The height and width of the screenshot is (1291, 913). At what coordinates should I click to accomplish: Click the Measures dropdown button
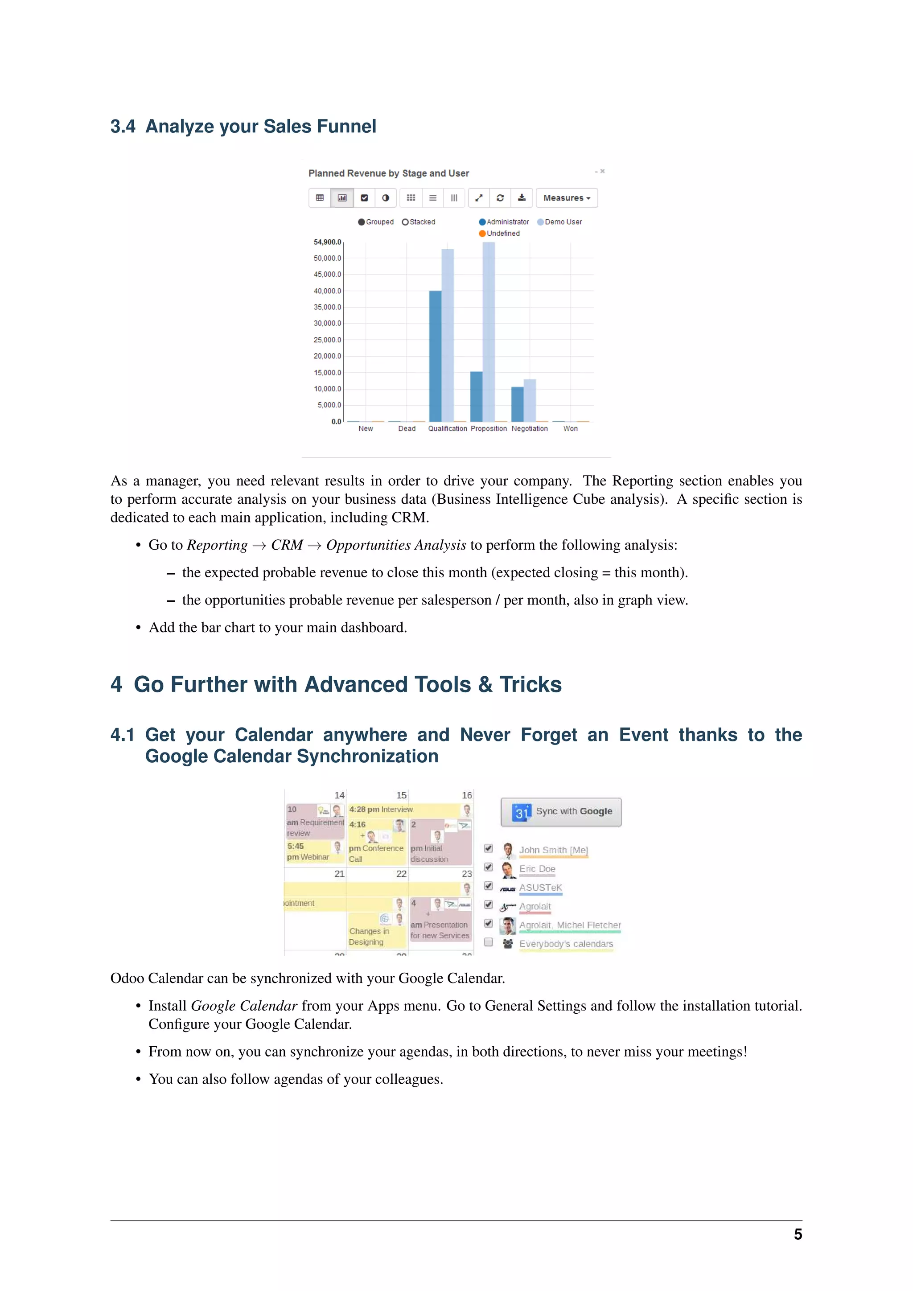(x=566, y=198)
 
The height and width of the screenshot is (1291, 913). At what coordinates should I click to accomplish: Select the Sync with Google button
(x=561, y=811)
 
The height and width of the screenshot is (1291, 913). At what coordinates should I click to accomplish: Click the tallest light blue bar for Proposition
(x=489, y=332)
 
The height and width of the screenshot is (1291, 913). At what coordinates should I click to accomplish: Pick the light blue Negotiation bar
(x=530, y=400)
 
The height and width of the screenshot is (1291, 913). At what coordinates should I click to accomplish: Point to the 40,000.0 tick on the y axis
(x=327, y=291)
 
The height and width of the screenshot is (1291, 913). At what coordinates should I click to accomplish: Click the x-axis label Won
(x=570, y=428)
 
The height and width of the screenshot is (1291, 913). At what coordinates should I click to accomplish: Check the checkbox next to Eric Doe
(x=489, y=867)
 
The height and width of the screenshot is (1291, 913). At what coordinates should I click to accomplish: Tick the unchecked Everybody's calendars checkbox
(x=489, y=942)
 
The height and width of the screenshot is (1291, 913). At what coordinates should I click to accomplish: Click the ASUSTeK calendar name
(x=540, y=887)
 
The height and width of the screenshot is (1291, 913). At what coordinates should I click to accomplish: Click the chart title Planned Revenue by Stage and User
(x=388, y=173)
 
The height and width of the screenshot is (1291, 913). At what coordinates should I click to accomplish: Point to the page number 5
(x=797, y=1234)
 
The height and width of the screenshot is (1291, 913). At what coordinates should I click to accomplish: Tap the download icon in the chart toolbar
(x=522, y=198)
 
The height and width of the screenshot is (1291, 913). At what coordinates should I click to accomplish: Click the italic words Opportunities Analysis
(x=396, y=545)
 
